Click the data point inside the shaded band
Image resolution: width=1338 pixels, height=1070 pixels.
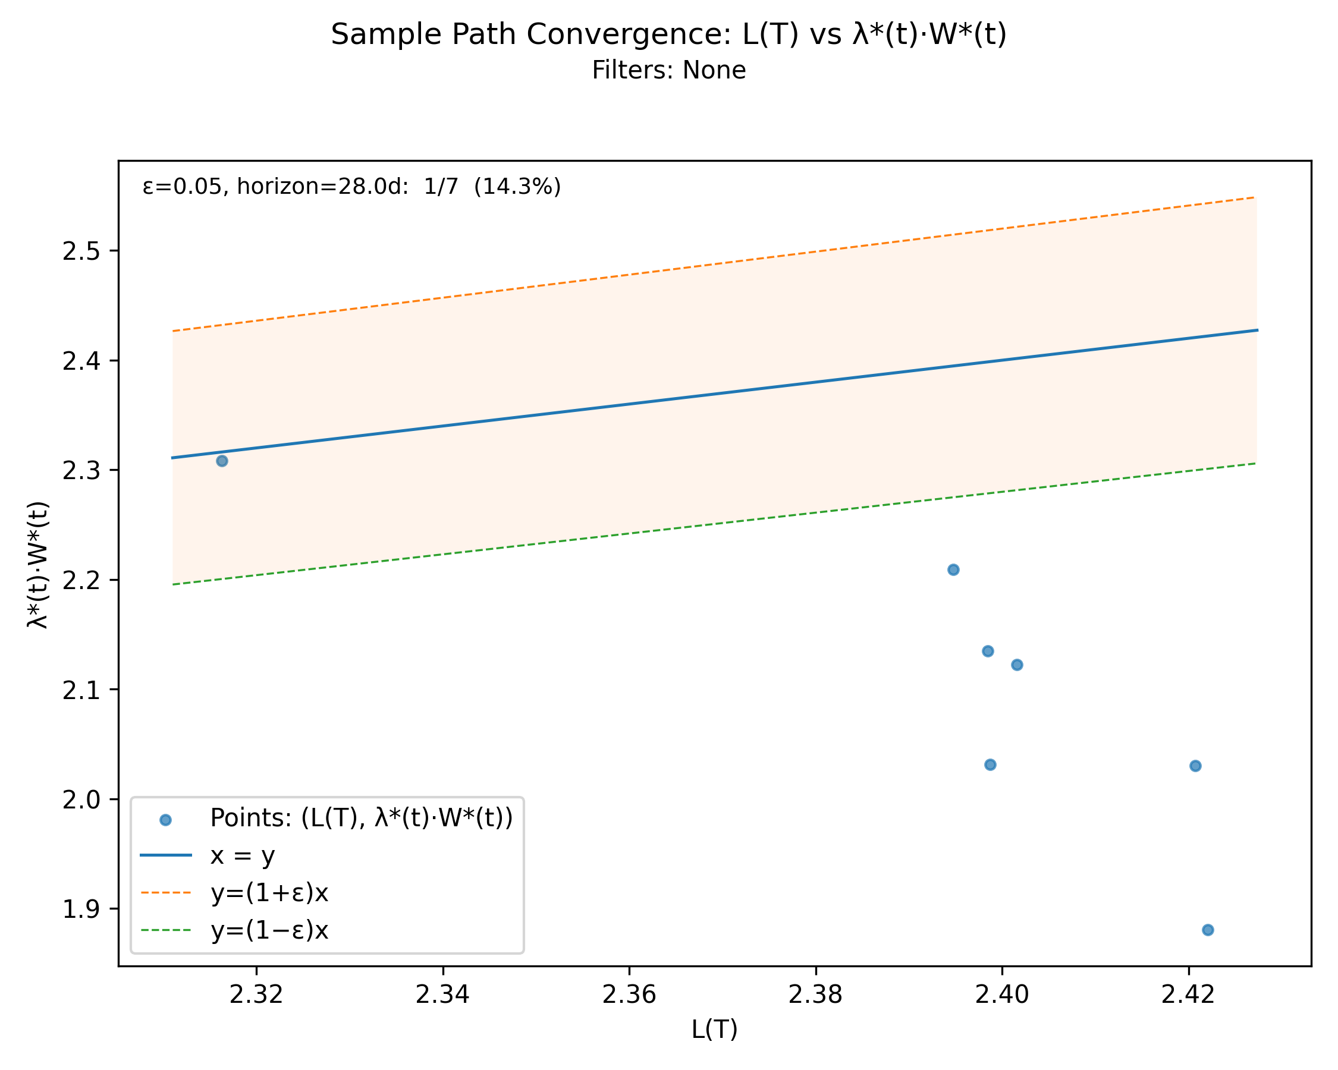tap(222, 461)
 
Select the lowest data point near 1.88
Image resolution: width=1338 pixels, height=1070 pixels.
tap(1208, 930)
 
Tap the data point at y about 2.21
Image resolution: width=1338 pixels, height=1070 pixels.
tap(953, 569)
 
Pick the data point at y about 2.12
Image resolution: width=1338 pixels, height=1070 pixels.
tap(1017, 665)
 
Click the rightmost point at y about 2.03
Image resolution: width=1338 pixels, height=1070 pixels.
tap(1195, 766)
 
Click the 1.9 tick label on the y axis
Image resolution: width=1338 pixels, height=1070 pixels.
tap(81, 909)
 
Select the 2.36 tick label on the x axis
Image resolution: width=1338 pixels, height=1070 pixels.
tap(629, 995)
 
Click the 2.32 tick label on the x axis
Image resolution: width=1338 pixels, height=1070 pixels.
tap(256, 995)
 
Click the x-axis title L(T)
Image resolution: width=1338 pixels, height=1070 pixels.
tap(714, 1030)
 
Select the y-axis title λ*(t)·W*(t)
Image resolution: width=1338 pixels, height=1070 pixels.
tap(38, 565)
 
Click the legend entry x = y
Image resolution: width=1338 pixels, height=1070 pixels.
tap(242, 856)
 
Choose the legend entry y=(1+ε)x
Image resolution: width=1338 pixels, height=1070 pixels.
tap(269, 893)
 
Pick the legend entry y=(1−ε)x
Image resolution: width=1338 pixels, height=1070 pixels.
tap(269, 930)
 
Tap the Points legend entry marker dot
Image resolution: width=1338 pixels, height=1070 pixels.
tap(165, 820)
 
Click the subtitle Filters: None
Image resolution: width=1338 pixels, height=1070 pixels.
tap(668, 70)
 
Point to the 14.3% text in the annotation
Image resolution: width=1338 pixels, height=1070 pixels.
tap(517, 186)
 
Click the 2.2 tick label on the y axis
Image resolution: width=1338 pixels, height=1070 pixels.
tap(81, 581)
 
